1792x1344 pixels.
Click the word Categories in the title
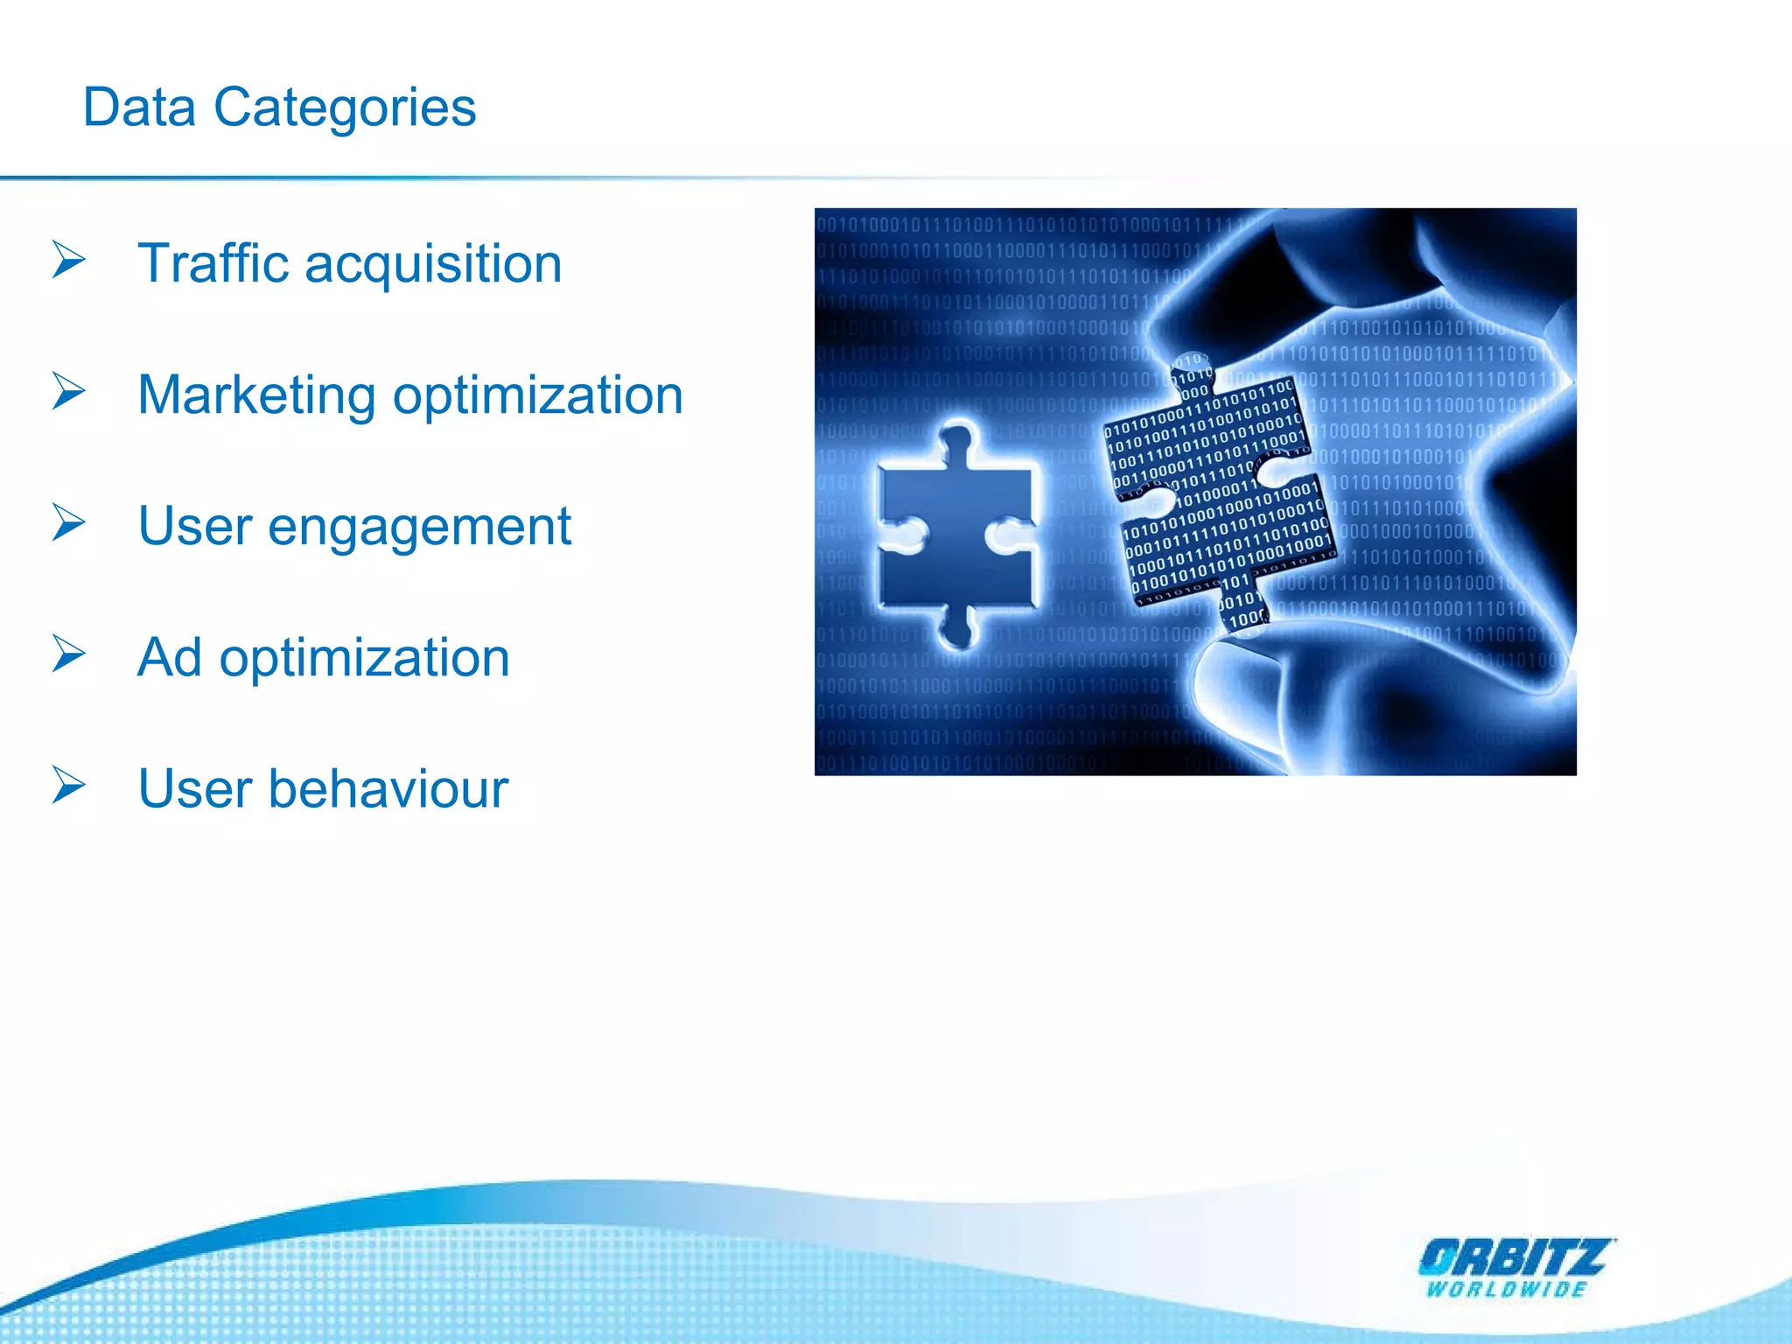coord(345,109)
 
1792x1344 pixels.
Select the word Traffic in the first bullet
coord(213,263)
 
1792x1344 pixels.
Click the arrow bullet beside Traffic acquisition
coord(68,260)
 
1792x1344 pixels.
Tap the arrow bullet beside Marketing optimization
coord(68,391)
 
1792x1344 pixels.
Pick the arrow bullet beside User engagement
coord(68,522)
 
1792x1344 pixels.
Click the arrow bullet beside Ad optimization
coord(68,654)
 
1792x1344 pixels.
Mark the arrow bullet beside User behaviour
coord(68,785)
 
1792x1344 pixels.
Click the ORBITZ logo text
coord(1514,1258)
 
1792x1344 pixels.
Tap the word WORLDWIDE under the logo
coord(1507,1290)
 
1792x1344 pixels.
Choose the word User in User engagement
coord(195,527)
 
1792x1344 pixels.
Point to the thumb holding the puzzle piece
coord(1295,691)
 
